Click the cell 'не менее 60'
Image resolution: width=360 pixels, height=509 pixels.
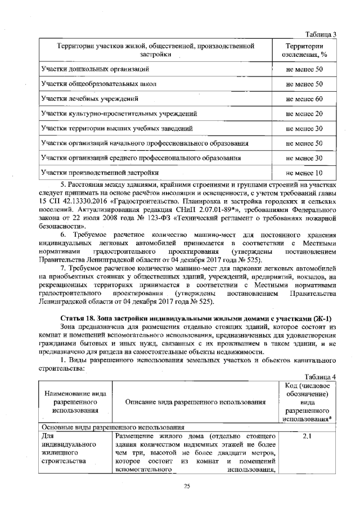click(x=304, y=99)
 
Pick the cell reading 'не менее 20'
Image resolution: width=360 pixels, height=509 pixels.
click(x=304, y=114)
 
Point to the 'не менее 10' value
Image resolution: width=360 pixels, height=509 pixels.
click(x=304, y=173)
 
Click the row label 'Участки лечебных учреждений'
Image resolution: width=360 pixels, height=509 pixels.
click(x=90, y=99)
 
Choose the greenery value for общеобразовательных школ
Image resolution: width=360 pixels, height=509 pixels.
click(x=304, y=84)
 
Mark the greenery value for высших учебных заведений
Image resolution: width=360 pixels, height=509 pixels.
click(x=304, y=129)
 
